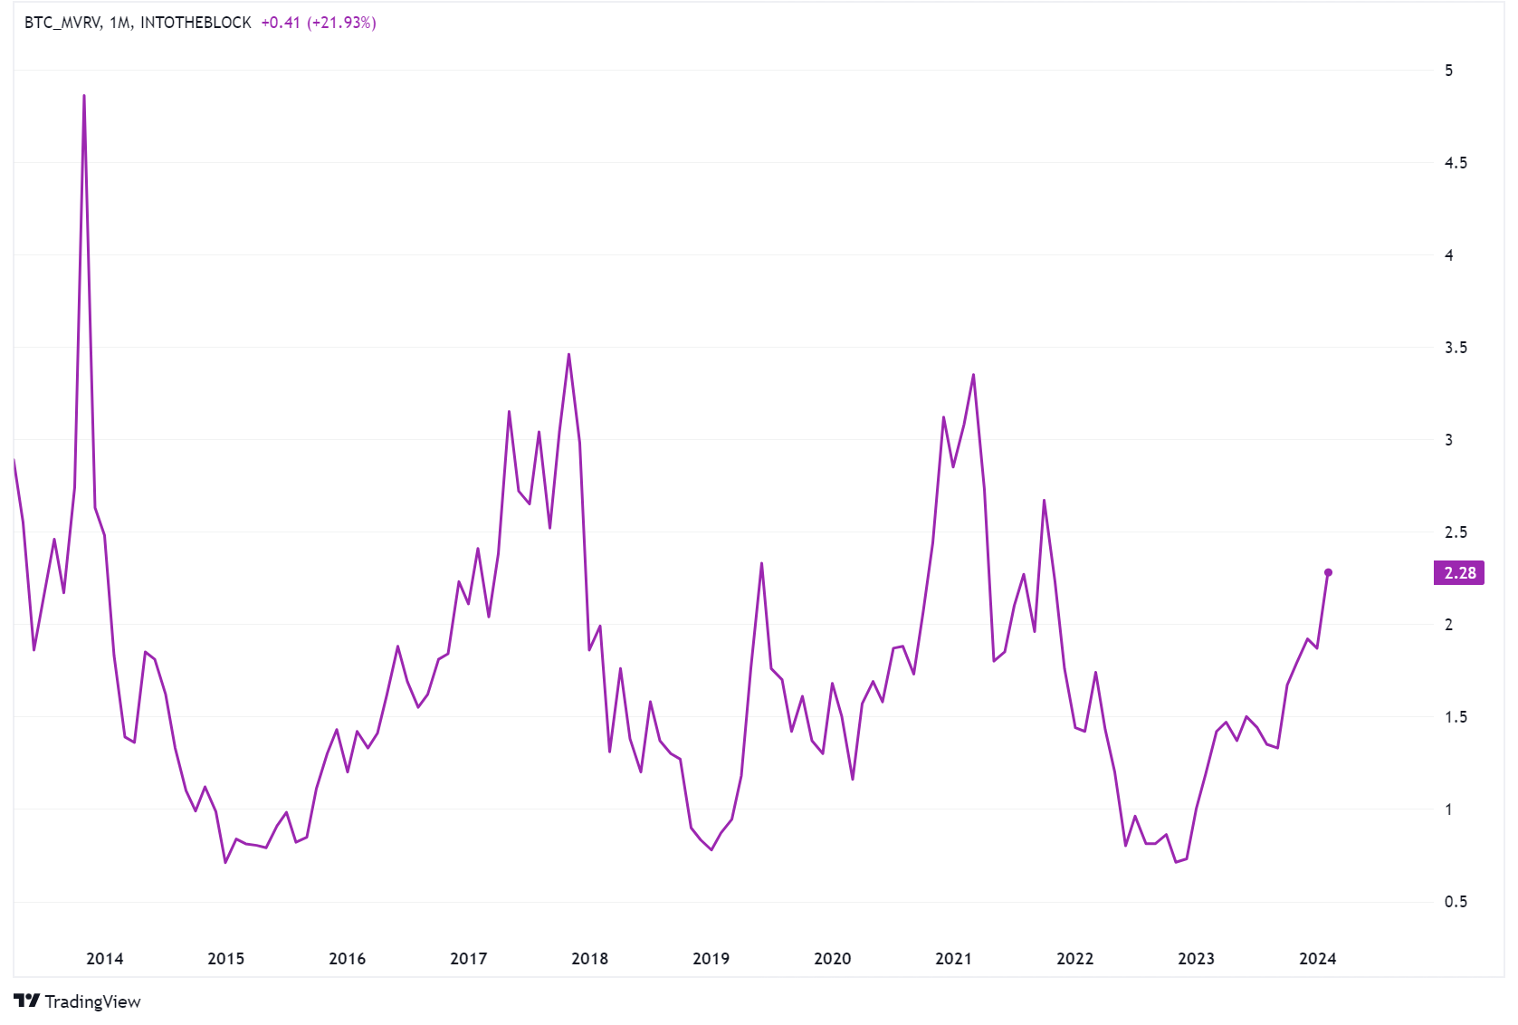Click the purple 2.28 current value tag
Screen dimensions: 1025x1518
[1458, 573]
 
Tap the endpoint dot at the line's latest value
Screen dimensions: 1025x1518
[1328, 572]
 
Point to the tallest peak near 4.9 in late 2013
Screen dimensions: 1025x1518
[84, 95]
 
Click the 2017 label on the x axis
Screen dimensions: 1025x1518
[468, 959]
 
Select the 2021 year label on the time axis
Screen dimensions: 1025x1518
[953, 959]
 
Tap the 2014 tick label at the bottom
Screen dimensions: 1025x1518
[104, 959]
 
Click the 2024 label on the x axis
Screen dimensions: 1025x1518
[1317, 959]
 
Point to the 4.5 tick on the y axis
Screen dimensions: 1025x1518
[1456, 163]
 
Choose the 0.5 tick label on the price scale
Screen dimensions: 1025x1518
[1456, 902]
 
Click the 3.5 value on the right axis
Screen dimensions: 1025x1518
[1456, 348]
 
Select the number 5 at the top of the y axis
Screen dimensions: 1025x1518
[1448, 71]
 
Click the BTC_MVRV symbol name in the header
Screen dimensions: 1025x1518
[62, 23]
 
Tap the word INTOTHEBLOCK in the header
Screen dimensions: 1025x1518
[196, 23]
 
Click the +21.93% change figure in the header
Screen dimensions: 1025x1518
[341, 23]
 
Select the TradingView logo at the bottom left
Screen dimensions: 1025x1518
[78, 1001]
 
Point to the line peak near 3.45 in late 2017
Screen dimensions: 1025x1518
[568, 354]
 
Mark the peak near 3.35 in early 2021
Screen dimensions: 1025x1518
[973, 375]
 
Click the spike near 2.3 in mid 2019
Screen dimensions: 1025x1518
[761, 563]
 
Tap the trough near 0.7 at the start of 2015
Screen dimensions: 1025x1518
[225, 862]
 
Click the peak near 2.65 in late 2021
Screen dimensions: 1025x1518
[1044, 500]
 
